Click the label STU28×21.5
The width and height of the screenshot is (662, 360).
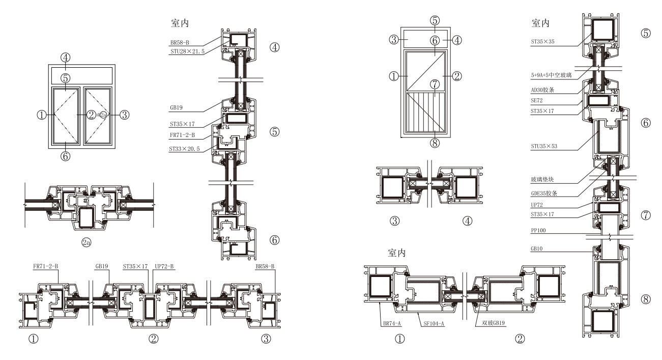[187, 51]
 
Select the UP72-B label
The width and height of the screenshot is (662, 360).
[165, 265]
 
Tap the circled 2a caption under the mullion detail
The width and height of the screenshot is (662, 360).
[87, 243]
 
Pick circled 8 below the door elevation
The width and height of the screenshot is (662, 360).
[434, 143]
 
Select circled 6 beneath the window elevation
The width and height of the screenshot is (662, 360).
[66, 157]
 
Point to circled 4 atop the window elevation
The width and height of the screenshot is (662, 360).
[66, 57]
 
